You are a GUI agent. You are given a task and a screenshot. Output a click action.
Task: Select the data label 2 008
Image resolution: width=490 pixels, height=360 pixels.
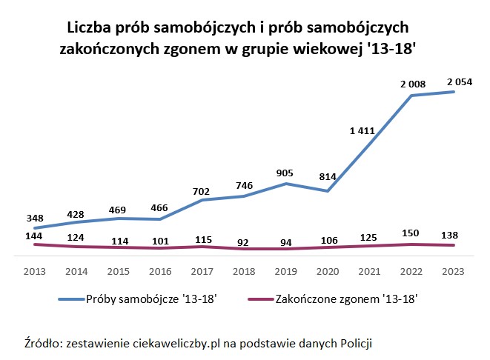coord(412,84)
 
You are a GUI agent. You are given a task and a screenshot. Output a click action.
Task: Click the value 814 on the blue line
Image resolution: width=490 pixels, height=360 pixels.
coord(327,177)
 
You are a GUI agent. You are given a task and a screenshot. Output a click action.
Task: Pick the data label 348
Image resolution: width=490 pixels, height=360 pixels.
coord(34,219)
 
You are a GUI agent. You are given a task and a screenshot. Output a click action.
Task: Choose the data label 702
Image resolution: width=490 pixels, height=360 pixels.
coord(202,190)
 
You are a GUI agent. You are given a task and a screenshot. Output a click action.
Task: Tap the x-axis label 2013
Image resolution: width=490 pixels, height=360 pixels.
coord(34,272)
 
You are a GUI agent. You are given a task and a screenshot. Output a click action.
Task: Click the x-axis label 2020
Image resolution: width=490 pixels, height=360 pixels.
coord(328,272)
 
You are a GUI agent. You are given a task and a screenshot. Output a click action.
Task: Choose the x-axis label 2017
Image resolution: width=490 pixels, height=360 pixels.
coord(202,272)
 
